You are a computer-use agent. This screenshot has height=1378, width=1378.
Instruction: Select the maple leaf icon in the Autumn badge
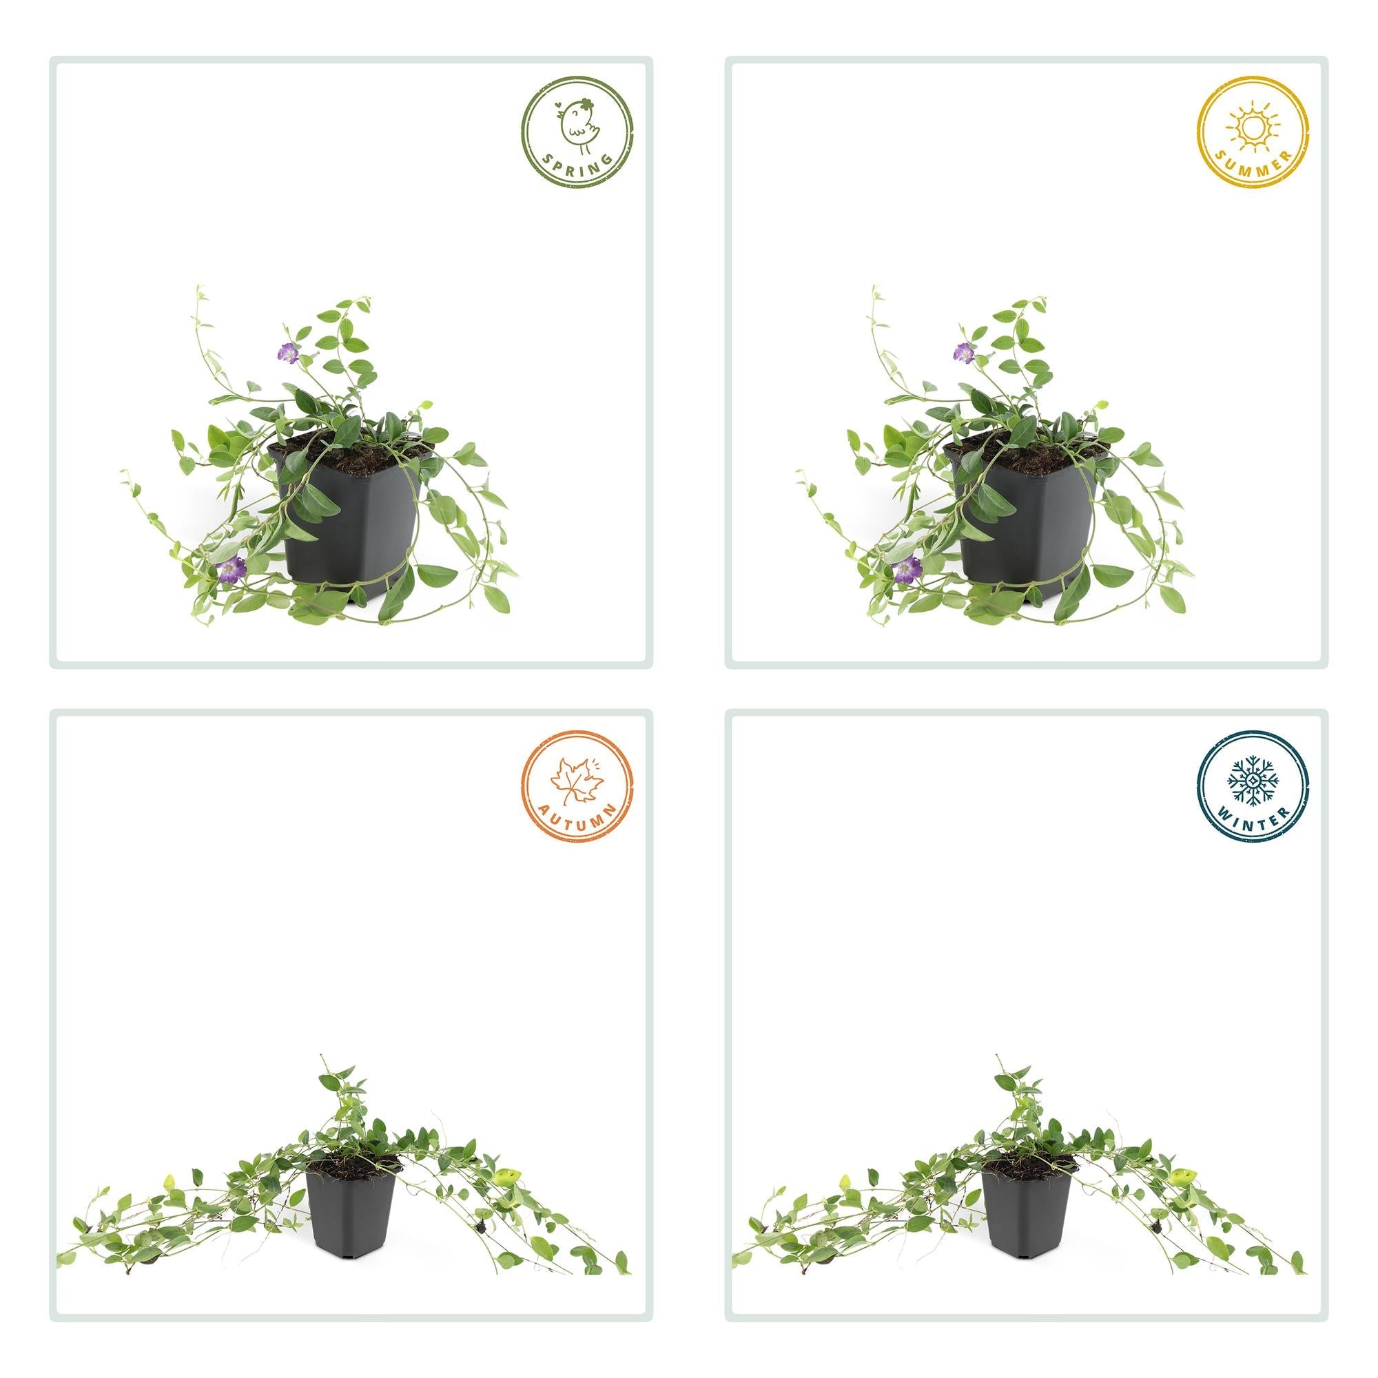click(577, 779)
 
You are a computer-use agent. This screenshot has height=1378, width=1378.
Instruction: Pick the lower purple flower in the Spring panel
click(231, 568)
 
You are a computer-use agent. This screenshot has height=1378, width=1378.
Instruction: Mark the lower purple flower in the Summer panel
click(907, 568)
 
